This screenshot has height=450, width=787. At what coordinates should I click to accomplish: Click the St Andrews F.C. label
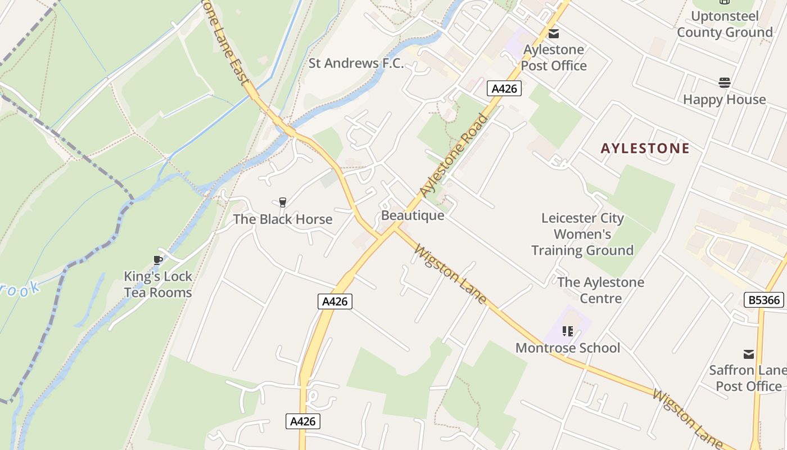pyautogui.click(x=356, y=63)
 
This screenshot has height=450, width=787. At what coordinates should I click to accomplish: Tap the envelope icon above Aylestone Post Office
pyautogui.click(x=554, y=33)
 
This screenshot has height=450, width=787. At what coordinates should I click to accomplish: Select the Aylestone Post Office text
pyautogui.click(x=554, y=57)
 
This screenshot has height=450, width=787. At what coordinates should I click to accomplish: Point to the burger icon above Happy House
pyautogui.click(x=725, y=83)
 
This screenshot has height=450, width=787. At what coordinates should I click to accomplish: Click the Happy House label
pyautogui.click(x=725, y=100)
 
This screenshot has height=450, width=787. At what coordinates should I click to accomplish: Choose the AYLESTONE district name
pyautogui.click(x=645, y=148)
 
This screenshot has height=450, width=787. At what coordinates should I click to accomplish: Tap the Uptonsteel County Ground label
pyautogui.click(x=725, y=24)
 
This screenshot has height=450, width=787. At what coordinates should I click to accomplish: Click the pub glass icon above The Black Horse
pyautogui.click(x=283, y=202)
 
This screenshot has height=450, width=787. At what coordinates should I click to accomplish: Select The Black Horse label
pyautogui.click(x=283, y=219)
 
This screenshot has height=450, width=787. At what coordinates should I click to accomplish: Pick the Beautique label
pyautogui.click(x=413, y=215)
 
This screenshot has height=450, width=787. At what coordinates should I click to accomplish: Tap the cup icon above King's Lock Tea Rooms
pyautogui.click(x=158, y=260)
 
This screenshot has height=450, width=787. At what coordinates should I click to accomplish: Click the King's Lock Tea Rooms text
pyautogui.click(x=158, y=285)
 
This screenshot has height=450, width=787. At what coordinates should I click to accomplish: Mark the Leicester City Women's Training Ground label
pyautogui.click(x=582, y=234)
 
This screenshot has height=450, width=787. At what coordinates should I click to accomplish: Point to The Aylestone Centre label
pyautogui.click(x=601, y=290)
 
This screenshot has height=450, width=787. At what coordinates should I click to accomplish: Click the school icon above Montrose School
pyautogui.click(x=568, y=331)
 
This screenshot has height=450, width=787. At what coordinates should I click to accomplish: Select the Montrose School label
pyautogui.click(x=568, y=348)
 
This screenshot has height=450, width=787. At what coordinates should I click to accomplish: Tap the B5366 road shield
pyautogui.click(x=765, y=300)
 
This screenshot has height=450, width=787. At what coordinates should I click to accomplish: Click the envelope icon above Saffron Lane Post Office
pyautogui.click(x=749, y=354)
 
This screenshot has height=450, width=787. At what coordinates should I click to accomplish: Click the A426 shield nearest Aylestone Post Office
pyautogui.click(x=504, y=88)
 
